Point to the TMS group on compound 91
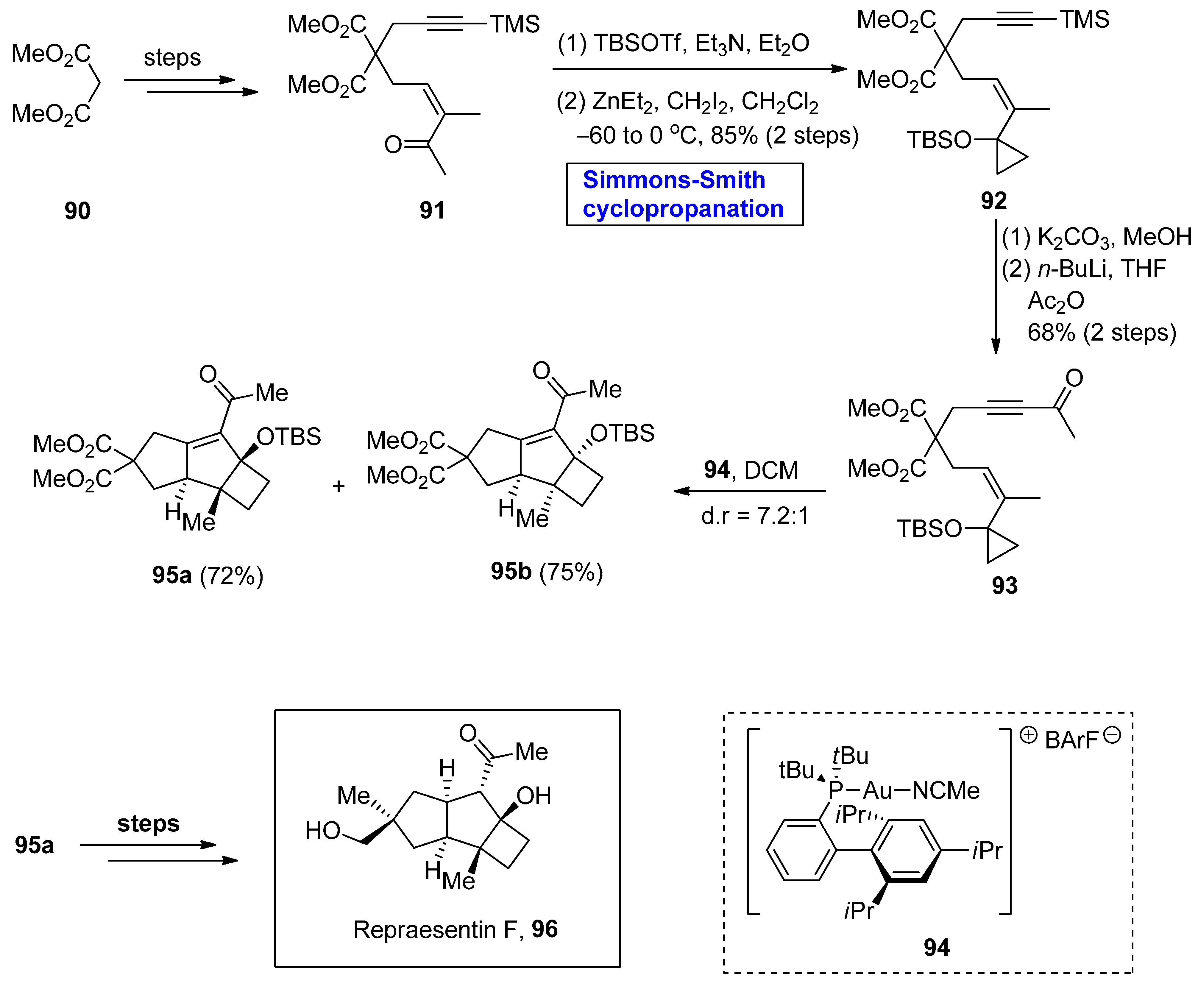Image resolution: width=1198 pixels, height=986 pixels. (x=515, y=24)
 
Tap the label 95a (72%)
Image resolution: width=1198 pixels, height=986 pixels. (x=207, y=575)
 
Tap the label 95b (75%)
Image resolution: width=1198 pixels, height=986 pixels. (x=547, y=571)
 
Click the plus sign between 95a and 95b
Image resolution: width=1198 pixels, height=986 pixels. (x=339, y=486)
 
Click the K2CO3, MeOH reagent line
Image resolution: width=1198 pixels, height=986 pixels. (x=1096, y=237)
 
